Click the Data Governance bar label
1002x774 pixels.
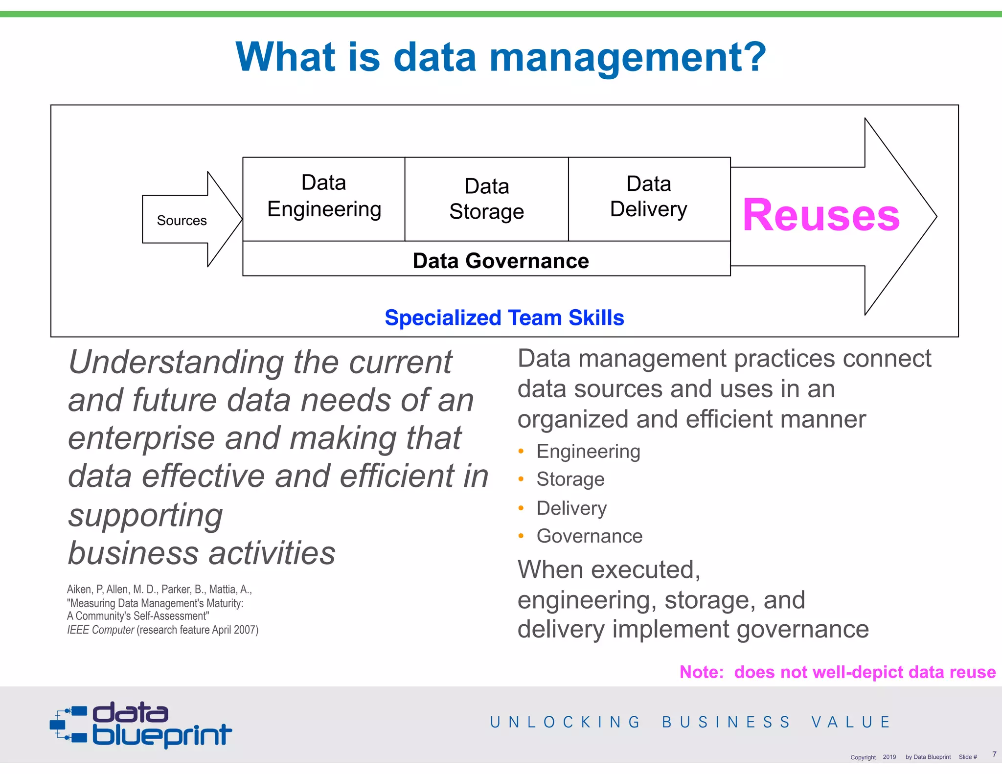tap(501, 261)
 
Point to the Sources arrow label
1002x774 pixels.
tap(182, 221)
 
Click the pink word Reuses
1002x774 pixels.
tap(821, 215)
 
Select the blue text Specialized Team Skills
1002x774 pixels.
tap(504, 318)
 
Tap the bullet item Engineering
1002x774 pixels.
tap(588, 451)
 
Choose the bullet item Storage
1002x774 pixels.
tap(570, 479)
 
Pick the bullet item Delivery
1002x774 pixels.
tap(571, 508)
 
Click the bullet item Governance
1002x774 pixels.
tap(590, 536)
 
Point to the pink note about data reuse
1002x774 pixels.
tap(837, 672)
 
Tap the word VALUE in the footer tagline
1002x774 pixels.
tap(851, 722)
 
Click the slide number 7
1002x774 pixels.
tap(994, 754)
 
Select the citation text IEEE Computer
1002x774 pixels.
tap(101, 630)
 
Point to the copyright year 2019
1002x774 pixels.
tap(889, 757)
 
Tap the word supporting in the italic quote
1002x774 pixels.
tap(146, 516)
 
